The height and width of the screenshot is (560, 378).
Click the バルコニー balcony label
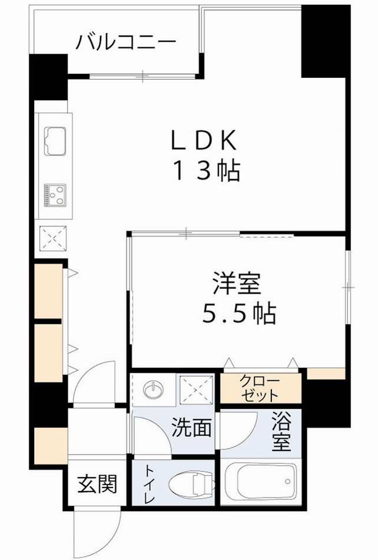[126, 42]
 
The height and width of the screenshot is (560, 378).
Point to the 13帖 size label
[205, 171]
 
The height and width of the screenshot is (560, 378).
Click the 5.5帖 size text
[239, 314]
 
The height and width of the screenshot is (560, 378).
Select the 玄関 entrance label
[97, 485]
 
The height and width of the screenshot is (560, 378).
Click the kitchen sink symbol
[54, 142]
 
